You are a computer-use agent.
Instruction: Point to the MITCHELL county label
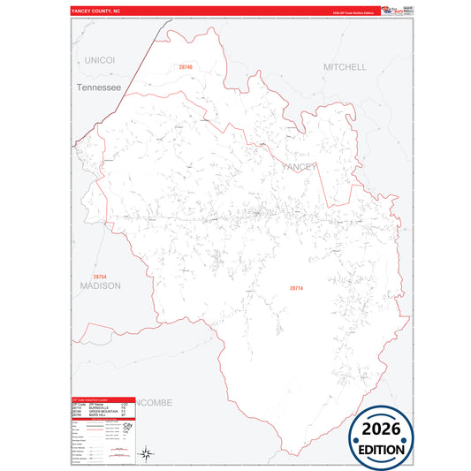click(x=345, y=67)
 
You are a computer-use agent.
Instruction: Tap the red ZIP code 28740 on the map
click(x=185, y=67)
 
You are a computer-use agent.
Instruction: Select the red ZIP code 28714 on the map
click(x=296, y=288)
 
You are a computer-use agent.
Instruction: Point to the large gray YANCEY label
click(x=299, y=166)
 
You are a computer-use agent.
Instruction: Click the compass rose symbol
click(x=148, y=454)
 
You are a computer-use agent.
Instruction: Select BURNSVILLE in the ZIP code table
click(x=102, y=407)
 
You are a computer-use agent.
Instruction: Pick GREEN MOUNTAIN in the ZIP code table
click(x=105, y=411)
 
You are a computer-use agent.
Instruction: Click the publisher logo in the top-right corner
click(x=397, y=11)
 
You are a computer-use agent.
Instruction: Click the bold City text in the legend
click(x=129, y=424)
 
